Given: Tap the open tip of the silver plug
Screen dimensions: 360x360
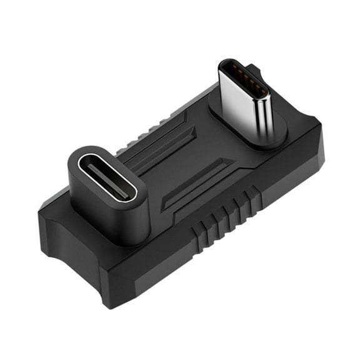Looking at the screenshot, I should pos(243,74).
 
